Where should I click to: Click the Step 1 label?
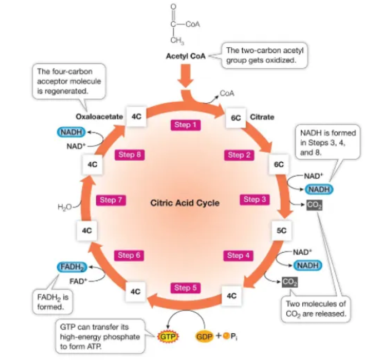[186, 124]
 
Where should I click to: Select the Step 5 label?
[185, 288]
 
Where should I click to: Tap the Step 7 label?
[111, 200]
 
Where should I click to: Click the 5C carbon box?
[282, 231]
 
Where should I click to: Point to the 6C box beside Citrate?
[236, 118]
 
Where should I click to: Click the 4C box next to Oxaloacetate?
[136, 117]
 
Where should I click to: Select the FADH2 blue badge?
[72, 267]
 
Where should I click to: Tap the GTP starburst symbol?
[167, 337]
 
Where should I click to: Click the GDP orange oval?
[205, 336]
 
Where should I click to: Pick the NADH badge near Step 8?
[71, 132]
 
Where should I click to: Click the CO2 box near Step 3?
[315, 205]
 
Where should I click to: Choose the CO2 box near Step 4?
[290, 282]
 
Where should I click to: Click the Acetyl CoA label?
[186, 56]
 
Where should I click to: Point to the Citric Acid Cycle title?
[185, 203]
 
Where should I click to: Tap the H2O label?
[64, 207]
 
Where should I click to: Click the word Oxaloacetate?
[99, 117]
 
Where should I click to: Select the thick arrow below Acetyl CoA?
[186, 76]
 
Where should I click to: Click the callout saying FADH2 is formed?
[53, 302]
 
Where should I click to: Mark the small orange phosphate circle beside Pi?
[226, 336]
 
